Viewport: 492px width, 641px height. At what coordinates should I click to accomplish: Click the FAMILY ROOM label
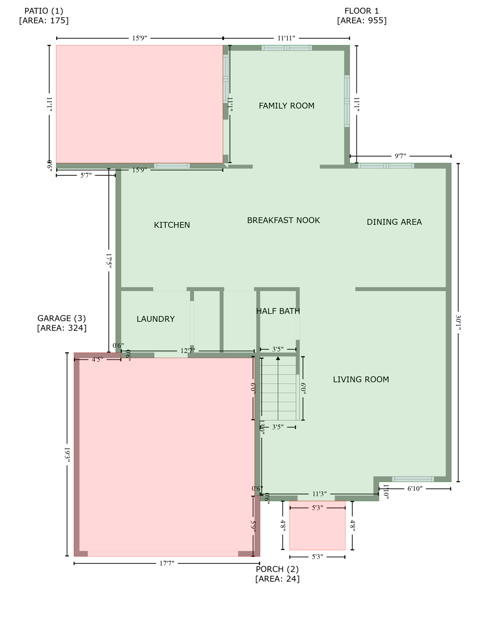coord(286,106)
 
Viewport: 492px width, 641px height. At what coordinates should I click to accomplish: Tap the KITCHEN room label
coord(172,225)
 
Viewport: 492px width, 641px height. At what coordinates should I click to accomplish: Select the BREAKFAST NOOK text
coord(283,220)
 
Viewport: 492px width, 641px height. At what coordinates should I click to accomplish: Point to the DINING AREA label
coord(394,222)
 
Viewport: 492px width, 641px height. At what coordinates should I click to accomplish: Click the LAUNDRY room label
coord(156,319)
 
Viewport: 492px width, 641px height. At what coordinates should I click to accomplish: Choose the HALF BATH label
coord(278,311)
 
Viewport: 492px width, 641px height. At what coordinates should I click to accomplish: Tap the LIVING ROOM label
coord(361,379)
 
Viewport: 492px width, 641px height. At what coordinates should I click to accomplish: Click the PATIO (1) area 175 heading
coord(44,15)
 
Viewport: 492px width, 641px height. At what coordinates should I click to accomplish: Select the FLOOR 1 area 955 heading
coord(362,15)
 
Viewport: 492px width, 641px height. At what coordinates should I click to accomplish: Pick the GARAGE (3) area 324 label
coord(62,323)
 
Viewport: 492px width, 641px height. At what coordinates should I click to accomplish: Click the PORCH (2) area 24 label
coord(277,574)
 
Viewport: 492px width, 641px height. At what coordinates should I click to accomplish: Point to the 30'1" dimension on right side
coord(458,322)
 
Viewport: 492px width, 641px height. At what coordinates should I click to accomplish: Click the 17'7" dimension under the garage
coord(167,563)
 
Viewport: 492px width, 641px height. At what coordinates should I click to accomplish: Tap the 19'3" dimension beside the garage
coord(67,454)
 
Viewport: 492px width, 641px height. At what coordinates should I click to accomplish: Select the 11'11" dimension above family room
coord(286,38)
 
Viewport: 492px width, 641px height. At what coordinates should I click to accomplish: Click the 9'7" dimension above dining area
coord(400,156)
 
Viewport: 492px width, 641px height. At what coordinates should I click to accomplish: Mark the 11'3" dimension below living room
coord(319,494)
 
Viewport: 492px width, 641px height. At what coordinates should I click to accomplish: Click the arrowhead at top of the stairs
coord(278,358)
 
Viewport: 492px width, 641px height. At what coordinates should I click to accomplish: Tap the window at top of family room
coord(287,48)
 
